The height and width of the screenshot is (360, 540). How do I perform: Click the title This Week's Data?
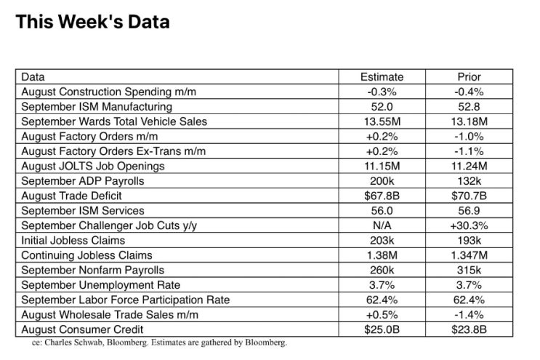click(x=92, y=22)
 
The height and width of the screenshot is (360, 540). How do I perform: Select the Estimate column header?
click(x=382, y=77)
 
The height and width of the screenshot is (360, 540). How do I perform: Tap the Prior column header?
click(x=469, y=77)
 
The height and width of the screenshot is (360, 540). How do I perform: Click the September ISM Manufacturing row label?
click(x=97, y=107)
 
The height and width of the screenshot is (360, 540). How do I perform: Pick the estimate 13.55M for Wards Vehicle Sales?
click(x=382, y=121)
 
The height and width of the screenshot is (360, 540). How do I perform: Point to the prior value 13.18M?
click(x=469, y=121)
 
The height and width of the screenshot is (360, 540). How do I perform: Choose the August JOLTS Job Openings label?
click(x=93, y=166)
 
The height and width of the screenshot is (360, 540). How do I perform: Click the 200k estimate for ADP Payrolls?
click(x=382, y=181)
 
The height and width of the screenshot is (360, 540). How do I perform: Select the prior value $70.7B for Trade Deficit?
click(x=469, y=196)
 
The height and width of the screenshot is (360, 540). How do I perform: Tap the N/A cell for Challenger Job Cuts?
click(x=382, y=225)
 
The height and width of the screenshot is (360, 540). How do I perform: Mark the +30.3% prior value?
click(x=469, y=225)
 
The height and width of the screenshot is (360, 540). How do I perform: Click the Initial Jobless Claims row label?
click(x=73, y=240)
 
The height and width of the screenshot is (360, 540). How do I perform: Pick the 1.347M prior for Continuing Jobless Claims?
click(x=469, y=255)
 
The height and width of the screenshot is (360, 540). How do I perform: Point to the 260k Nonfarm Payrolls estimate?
click(x=382, y=270)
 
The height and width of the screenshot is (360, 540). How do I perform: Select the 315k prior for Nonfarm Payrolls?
click(x=469, y=270)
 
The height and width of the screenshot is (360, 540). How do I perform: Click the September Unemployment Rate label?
click(x=100, y=285)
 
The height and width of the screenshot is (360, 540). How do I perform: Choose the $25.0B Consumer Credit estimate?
click(x=382, y=329)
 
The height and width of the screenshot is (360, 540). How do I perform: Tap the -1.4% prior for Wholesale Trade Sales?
click(x=469, y=314)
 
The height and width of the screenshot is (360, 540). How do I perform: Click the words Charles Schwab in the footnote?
click(x=74, y=343)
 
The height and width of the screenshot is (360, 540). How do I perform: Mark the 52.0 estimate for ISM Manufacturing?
click(x=382, y=107)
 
